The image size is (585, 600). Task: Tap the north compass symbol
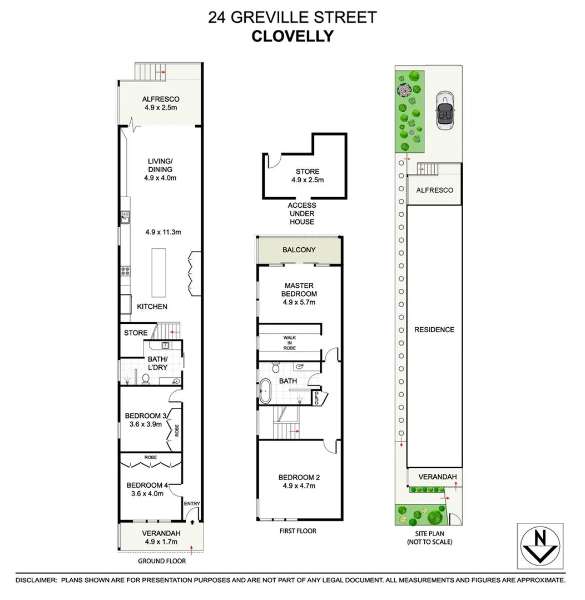[x=539, y=547]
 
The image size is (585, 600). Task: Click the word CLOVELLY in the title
[x=292, y=36]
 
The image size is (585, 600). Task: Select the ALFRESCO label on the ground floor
[x=161, y=99]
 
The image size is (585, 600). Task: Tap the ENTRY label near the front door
[x=192, y=504]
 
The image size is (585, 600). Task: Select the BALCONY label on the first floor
[x=299, y=250]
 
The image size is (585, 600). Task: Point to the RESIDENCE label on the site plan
[x=434, y=329]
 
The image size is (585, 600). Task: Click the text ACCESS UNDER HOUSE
[x=301, y=213]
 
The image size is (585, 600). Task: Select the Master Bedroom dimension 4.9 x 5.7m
[x=299, y=303]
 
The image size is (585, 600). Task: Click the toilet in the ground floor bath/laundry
[x=146, y=378]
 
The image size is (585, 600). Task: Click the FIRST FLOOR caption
[x=298, y=531]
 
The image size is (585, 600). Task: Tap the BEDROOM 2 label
[x=299, y=477]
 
